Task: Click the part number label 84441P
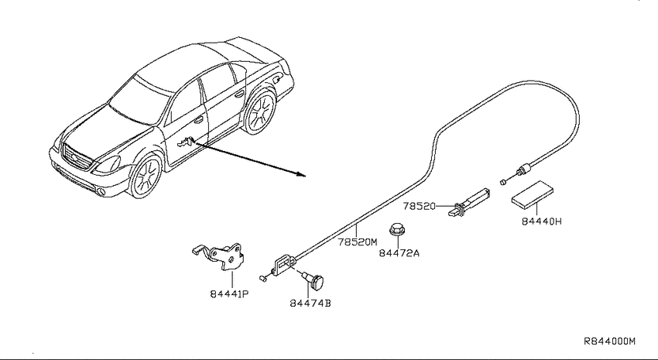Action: coord(230,294)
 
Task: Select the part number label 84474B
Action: coord(310,303)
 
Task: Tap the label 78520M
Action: coord(358,242)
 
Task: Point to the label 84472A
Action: coord(399,253)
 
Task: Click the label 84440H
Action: coord(541,221)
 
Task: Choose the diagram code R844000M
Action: coord(610,341)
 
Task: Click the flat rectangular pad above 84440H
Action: coord(532,194)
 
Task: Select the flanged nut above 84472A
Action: coord(396,229)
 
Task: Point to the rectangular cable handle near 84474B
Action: coord(285,264)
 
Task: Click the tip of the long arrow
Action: coord(305,176)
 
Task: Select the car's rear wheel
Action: coord(260,112)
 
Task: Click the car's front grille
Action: coord(77,157)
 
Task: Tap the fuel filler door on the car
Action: coord(277,78)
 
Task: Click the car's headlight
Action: coord(108,164)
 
